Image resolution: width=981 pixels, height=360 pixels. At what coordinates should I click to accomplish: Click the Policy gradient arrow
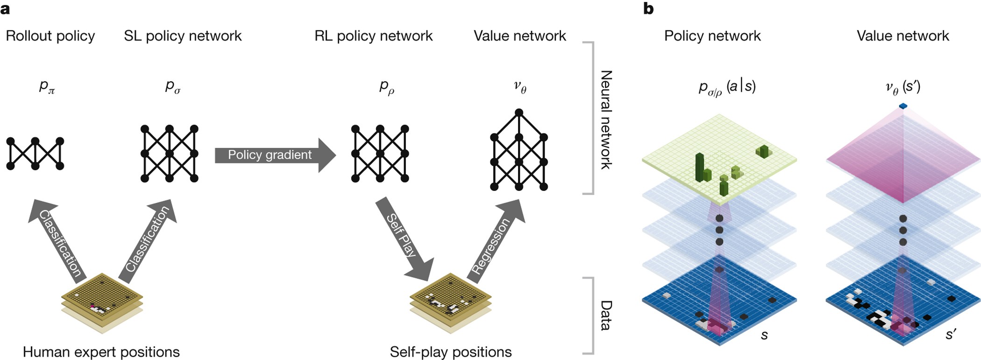coord(273,155)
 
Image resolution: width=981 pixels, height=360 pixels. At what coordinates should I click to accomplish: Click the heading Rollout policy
coord(50,36)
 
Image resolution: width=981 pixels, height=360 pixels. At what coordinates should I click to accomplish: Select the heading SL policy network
coord(183,36)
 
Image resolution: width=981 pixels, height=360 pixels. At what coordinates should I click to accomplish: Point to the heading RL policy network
coord(374,36)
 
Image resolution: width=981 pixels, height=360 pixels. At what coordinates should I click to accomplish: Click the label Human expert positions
coord(101,352)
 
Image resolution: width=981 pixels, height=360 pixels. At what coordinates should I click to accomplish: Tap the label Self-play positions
coord(451,352)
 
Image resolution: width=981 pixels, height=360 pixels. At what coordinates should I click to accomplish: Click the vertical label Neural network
coord(606,120)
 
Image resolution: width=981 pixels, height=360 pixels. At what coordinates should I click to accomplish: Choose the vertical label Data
coord(606,315)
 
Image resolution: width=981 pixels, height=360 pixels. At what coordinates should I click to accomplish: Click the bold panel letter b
coord(648,8)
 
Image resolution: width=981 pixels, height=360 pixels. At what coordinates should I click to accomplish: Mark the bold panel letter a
coord(5,8)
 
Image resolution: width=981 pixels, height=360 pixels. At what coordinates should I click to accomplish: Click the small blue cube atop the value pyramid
coord(903,106)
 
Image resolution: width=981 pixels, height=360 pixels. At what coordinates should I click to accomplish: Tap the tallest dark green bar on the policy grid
coord(699,166)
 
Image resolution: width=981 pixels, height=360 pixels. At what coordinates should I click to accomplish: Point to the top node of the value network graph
coord(519,113)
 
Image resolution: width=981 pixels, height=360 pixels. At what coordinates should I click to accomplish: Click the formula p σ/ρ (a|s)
coord(727,87)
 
